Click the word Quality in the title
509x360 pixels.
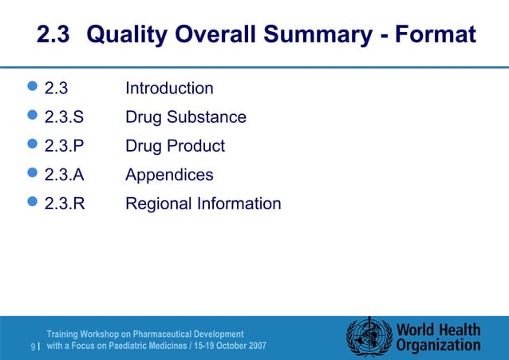(x=130, y=35)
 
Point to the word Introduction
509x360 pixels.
(x=169, y=89)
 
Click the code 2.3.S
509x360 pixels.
(x=64, y=117)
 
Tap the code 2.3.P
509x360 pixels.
(x=64, y=146)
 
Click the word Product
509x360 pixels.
(x=195, y=146)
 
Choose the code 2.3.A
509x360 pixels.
(x=64, y=175)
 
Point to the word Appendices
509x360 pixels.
(x=169, y=175)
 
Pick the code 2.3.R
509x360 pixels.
(x=64, y=204)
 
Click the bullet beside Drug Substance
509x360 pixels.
(x=33, y=117)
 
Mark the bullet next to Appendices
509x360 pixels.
(x=33, y=175)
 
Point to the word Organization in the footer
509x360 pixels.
(x=439, y=346)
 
